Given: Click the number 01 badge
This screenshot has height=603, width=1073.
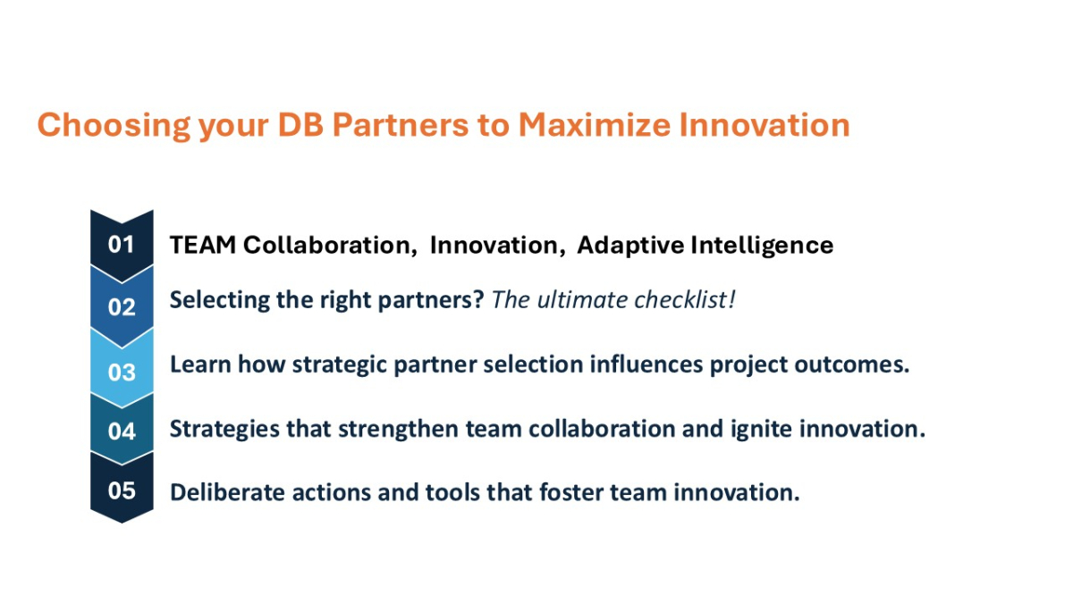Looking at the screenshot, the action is click(x=122, y=245).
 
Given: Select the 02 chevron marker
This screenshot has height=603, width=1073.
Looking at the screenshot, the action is click(x=122, y=306).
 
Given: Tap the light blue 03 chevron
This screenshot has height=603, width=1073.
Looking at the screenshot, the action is click(x=122, y=372).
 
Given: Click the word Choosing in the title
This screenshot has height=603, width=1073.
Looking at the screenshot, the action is click(x=114, y=126).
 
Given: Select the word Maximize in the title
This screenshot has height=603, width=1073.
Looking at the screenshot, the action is click(x=595, y=125).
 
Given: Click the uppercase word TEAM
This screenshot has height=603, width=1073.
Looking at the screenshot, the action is click(x=203, y=245).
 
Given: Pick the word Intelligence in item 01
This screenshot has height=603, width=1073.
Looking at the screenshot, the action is click(x=762, y=246).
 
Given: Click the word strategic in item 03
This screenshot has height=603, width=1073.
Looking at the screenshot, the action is click(x=339, y=365).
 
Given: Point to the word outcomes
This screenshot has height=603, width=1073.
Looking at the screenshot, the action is click(x=851, y=364).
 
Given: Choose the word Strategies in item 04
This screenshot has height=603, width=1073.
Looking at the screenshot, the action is click(x=224, y=430).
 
